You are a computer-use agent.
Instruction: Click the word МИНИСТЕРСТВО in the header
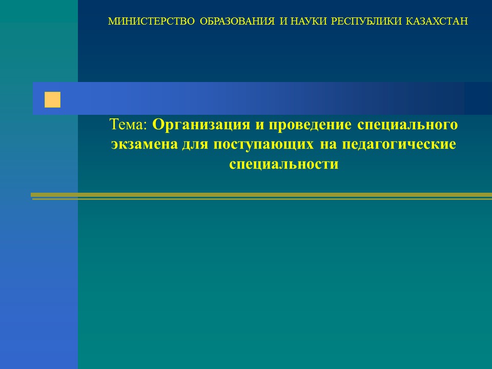(x=151, y=22)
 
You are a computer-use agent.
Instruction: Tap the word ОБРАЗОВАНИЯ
(x=237, y=22)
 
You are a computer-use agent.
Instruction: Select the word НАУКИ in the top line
(x=309, y=22)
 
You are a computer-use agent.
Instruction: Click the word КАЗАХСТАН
(x=437, y=22)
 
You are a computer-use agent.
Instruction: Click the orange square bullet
(x=52, y=100)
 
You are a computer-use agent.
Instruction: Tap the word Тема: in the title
(x=128, y=125)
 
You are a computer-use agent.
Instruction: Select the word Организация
(x=201, y=125)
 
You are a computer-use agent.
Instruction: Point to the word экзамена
(x=145, y=145)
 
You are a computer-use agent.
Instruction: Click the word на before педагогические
(x=328, y=145)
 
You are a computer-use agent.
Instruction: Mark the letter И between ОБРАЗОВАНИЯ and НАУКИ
(x=283, y=22)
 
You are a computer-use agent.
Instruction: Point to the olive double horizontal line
(x=261, y=196)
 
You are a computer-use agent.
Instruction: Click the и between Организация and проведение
(x=259, y=125)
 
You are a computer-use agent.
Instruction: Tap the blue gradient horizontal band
(x=262, y=98)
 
